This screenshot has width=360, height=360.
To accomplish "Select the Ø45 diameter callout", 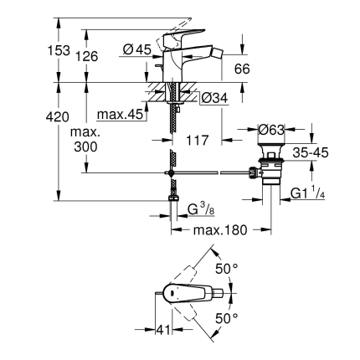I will pyautogui.click(x=136, y=49).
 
